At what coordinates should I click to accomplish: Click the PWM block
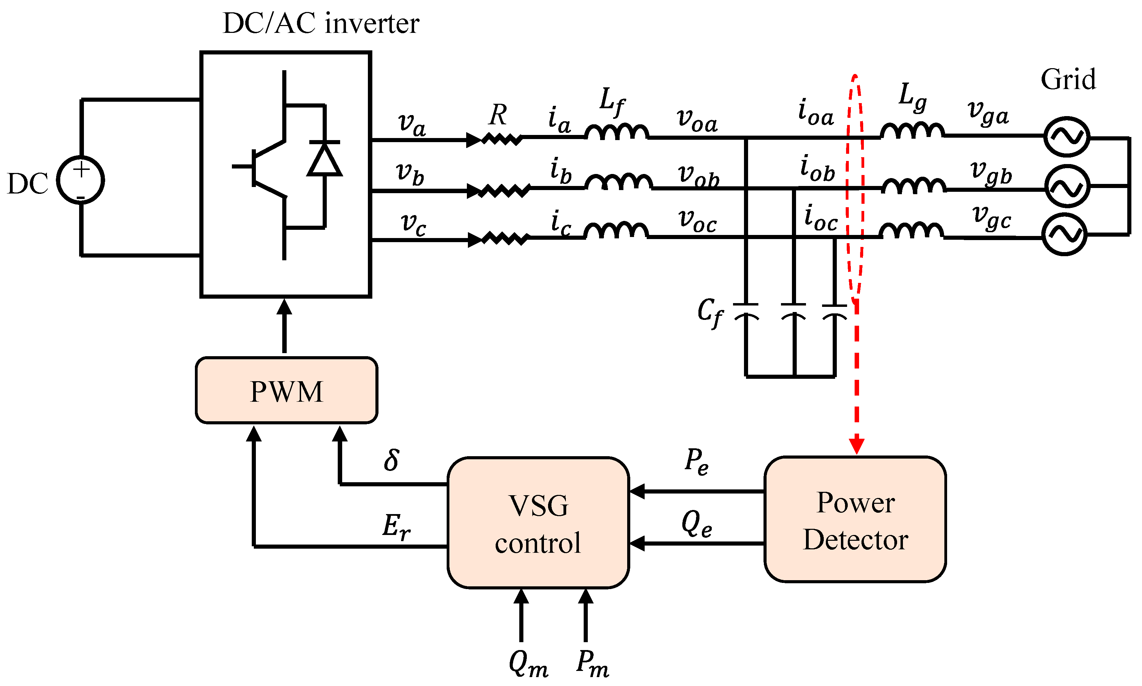(286, 391)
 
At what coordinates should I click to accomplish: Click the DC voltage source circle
(80, 180)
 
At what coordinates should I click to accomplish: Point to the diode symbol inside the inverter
(325, 160)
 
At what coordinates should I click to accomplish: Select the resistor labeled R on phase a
(502, 139)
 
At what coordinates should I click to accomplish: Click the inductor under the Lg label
(912, 131)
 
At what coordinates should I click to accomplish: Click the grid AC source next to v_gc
(1064, 234)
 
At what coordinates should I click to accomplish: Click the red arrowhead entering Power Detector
(856, 446)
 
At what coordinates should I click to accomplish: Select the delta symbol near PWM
(391, 460)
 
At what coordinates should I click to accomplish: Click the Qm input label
(528, 664)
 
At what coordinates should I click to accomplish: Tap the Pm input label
(592, 664)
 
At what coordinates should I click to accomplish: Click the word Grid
(1068, 79)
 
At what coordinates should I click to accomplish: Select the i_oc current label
(821, 217)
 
